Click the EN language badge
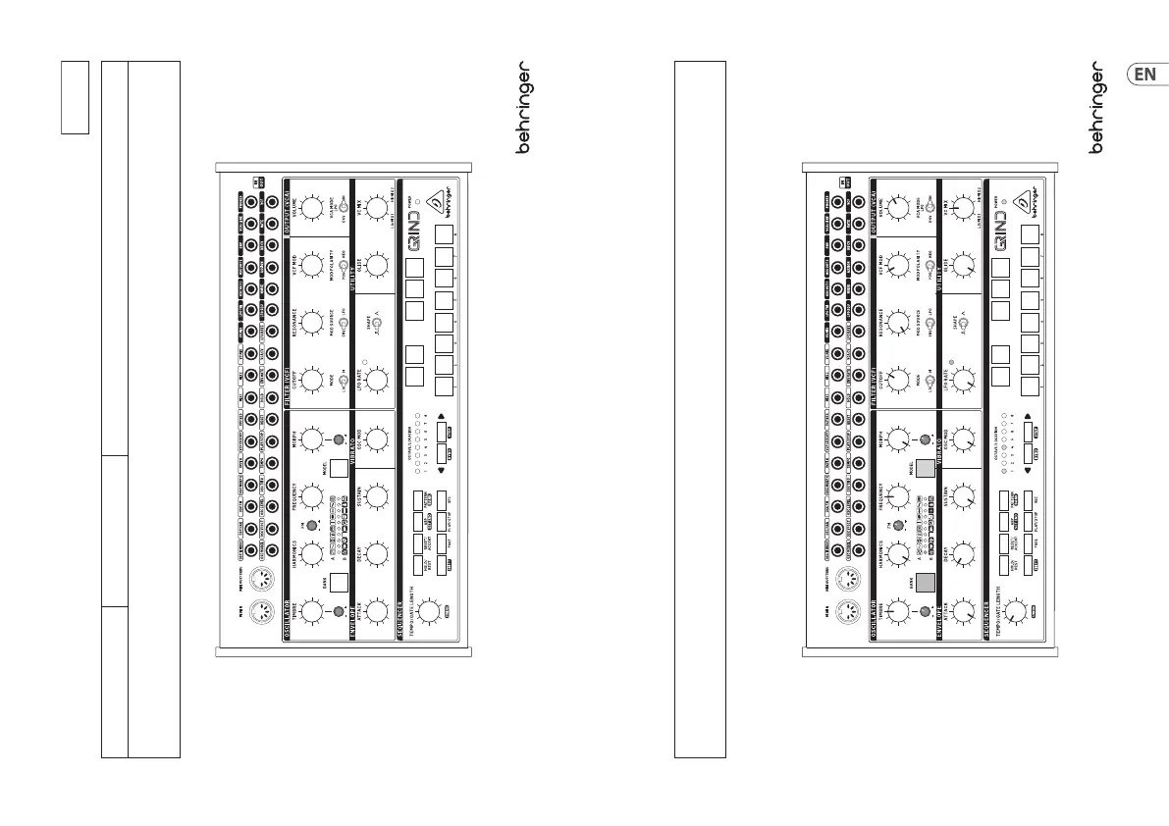point(1144,74)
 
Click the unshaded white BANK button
point(338,580)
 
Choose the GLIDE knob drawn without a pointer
point(374,266)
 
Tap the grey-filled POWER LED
point(999,205)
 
